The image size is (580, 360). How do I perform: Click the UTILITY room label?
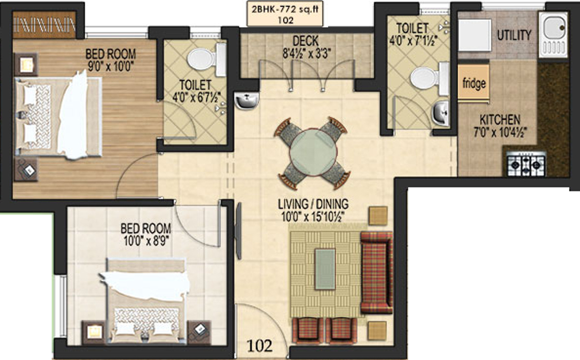(514, 35)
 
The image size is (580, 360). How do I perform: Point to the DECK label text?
(304, 40)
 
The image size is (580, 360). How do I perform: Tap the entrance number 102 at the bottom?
(260, 346)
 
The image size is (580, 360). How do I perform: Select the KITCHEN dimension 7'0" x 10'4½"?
(500, 130)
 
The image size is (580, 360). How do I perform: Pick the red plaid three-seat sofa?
(377, 272)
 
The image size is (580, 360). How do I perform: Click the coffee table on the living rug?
(324, 269)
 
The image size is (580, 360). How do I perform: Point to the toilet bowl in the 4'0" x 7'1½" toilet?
(424, 78)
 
